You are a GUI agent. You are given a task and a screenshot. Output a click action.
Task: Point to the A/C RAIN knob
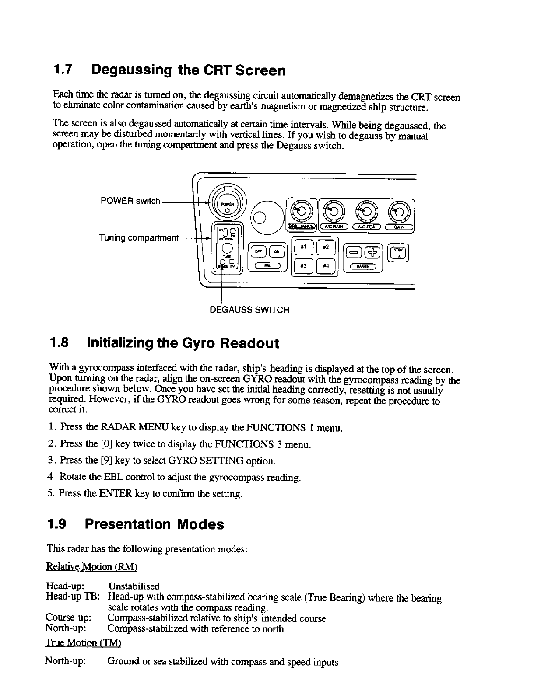(x=333, y=211)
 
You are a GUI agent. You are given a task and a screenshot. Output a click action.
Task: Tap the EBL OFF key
(x=257, y=251)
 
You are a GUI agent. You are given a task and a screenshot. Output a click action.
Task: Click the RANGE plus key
(x=372, y=252)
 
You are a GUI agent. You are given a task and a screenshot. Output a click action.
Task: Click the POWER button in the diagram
(x=227, y=205)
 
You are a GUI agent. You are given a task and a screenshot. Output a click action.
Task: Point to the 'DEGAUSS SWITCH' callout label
(x=249, y=310)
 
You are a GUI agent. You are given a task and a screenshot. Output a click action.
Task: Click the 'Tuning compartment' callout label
(x=139, y=238)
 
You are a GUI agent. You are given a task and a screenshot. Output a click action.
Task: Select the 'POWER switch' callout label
(x=130, y=201)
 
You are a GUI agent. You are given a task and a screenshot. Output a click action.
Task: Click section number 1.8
(x=60, y=343)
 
